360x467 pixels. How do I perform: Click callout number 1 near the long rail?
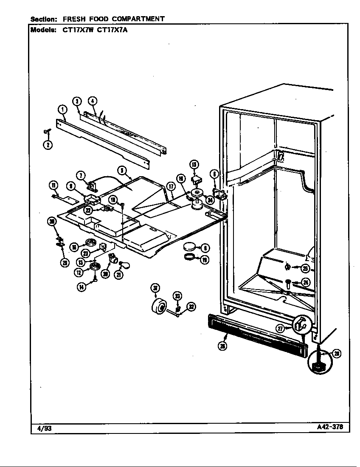click(63, 110)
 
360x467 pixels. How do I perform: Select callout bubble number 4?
click(93, 101)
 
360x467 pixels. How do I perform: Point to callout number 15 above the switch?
click(194, 165)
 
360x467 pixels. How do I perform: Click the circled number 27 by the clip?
click(280, 328)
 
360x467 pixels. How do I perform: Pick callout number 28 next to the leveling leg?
click(336, 353)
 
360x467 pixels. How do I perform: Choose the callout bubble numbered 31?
click(155, 289)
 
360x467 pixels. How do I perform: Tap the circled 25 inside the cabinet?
click(305, 268)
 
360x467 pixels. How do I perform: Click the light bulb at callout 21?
click(124, 266)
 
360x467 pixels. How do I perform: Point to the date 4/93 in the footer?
click(42, 428)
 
